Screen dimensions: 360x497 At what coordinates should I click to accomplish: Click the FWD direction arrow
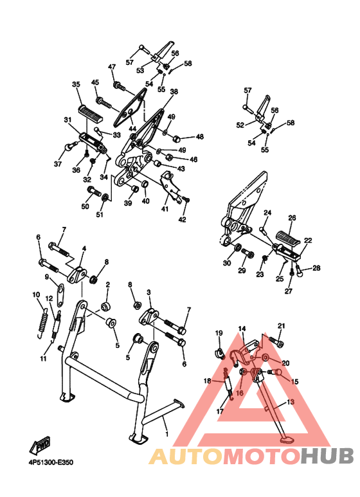pyautogui.click(x=40, y=445)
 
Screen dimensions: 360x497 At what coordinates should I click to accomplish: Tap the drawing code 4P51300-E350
pyautogui.click(x=51, y=462)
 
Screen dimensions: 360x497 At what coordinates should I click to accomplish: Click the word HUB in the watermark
pyautogui.click(x=327, y=456)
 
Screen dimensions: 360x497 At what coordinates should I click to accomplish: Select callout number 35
pyautogui.click(x=76, y=84)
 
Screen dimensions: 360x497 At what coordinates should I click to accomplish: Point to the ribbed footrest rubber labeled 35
pyautogui.click(x=90, y=114)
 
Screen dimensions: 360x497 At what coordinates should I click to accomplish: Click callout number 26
pyautogui.click(x=292, y=218)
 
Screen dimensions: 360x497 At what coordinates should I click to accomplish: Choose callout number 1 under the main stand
pyautogui.click(x=166, y=433)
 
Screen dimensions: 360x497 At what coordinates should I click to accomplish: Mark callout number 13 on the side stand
pyautogui.click(x=291, y=402)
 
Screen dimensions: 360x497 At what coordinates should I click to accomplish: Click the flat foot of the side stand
pyautogui.click(x=287, y=440)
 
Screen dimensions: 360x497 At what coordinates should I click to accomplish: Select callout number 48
pyautogui.click(x=200, y=137)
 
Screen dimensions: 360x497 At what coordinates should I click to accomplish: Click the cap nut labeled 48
pyautogui.click(x=176, y=138)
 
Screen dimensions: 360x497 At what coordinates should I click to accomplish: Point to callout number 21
pyautogui.click(x=282, y=326)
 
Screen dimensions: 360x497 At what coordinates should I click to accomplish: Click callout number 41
pyautogui.click(x=165, y=209)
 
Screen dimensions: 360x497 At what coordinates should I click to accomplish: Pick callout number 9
pyautogui.click(x=47, y=277)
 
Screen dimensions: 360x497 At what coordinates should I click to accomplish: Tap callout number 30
pyautogui.click(x=227, y=263)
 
